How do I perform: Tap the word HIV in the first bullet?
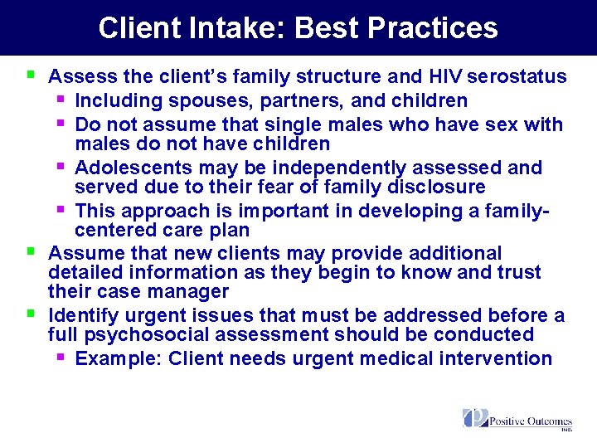coord(445,77)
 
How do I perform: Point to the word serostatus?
coord(517,77)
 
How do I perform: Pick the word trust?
coord(516,272)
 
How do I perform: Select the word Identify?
coord(82,315)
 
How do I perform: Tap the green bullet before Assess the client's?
coord(31,75)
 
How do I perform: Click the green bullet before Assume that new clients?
coord(31,250)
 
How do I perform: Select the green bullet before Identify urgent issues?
coord(31,313)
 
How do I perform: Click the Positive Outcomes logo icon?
coord(474,418)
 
